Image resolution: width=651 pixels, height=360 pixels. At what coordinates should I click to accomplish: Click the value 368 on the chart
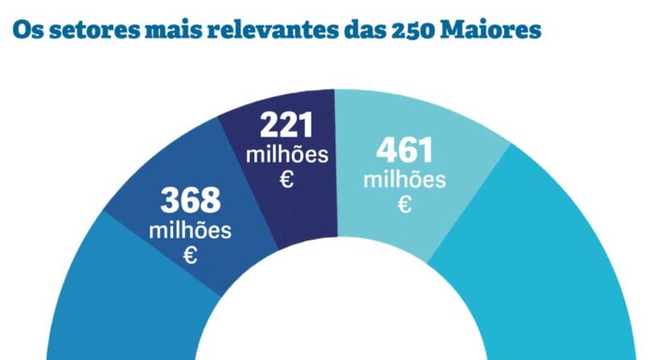[x=190, y=201]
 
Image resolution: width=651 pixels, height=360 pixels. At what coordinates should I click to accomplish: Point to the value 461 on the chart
[x=405, y=151]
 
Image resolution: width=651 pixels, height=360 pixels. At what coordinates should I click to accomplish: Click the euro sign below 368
[x=190, y=254]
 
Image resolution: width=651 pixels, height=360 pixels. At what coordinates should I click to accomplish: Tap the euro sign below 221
[x=287, y=180]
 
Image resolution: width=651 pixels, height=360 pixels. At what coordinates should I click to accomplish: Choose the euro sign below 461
[x=405, y=204]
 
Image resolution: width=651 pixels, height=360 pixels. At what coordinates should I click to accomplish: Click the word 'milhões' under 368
[x=190, y=229]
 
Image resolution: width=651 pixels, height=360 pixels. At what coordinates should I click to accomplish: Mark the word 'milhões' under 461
[x=405, y=179]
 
